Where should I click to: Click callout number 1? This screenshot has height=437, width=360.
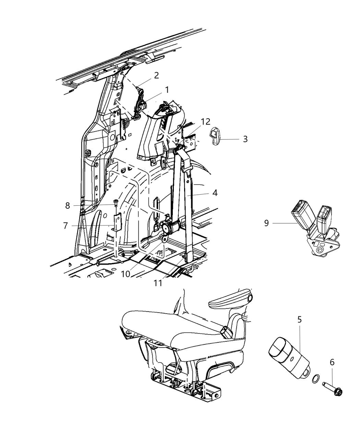167,90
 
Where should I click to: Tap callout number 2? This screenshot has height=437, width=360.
156,75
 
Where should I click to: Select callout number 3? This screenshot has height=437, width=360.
245,139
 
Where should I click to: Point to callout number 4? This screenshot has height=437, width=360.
215,193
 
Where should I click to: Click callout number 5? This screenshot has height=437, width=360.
299,320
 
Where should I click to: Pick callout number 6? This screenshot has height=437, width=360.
332,362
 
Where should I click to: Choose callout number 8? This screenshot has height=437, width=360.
68,205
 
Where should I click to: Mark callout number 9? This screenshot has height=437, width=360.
267,223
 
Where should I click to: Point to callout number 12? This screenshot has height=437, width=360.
205,122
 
